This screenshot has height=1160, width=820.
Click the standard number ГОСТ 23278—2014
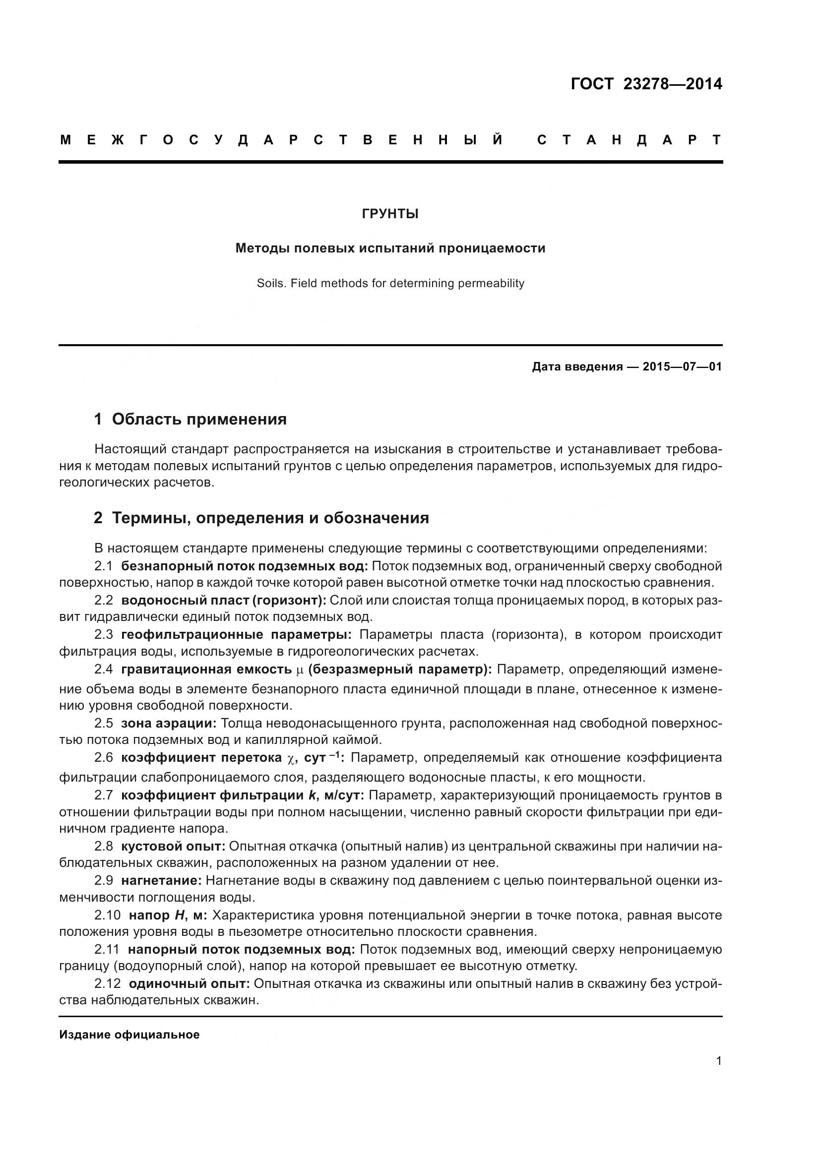tap(646, 84)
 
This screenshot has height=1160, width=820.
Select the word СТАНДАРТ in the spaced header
tap(629, 140)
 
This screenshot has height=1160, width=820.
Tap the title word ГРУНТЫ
tap(390, 214)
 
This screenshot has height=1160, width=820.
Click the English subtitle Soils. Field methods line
tap(390, 284)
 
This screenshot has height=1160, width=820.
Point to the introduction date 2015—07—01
tap(682, 367)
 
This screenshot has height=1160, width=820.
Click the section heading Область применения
tap(199, 419)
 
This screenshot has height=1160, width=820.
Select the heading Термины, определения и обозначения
tap(270, 518)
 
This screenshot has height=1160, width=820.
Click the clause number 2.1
tap(104, 566)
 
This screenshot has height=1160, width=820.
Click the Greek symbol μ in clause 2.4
tap(300, 671)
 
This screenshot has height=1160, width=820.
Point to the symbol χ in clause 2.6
tap(290, 758)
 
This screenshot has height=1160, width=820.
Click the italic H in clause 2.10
tap(179, 916)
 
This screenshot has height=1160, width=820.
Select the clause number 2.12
tap(107, 983)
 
